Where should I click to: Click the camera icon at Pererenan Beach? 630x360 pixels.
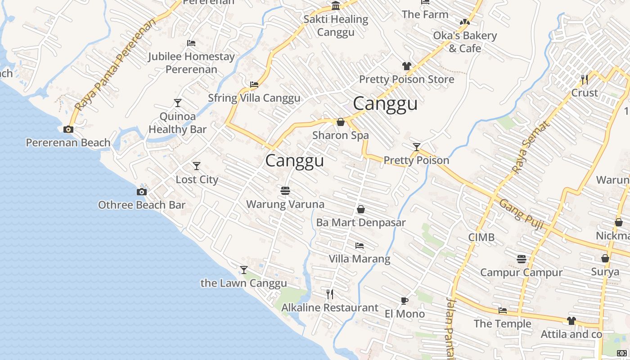(68, 130)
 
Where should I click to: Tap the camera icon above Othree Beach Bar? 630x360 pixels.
(142, 192)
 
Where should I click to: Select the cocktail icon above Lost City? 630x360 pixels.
(197, 166)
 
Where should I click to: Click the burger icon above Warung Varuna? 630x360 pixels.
(285, 191)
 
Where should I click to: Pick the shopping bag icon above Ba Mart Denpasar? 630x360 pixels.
(360, 209)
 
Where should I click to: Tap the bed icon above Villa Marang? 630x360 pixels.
(359, 246)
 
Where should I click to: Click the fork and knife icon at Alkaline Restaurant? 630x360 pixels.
(330, 294)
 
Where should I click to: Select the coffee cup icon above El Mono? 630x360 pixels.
(404, 301)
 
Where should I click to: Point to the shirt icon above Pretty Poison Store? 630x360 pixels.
(407, 66)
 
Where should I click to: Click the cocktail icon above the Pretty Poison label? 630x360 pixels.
(417, 147)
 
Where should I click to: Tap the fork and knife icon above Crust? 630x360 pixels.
(585, 80)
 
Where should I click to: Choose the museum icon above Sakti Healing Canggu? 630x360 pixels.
(336, 6)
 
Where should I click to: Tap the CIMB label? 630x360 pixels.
(481, 237)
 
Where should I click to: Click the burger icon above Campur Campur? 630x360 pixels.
(522, 259)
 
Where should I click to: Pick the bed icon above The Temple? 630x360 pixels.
(503, 310)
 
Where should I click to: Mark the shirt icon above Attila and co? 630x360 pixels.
(571, 321)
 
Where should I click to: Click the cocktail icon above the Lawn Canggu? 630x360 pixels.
(244, 270)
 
